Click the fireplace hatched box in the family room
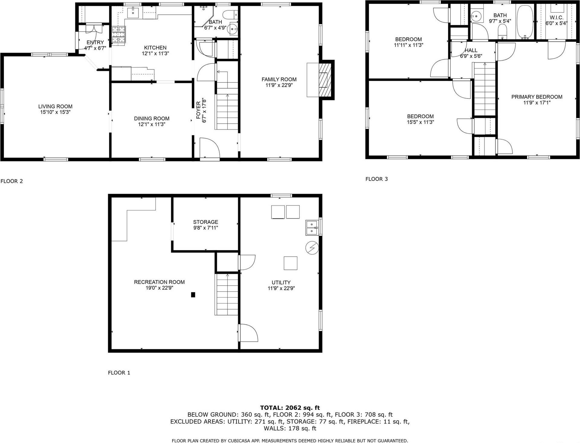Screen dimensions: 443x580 pos(325,80)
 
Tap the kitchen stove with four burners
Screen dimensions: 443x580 pos(119,36)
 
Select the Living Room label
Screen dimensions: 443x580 pos(55,106)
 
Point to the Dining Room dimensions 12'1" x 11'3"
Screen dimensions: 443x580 pos(152,124)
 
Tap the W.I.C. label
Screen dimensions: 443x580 pos(556,18)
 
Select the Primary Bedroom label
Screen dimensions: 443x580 pos(537,97)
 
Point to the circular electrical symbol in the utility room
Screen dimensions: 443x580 pos(312,248)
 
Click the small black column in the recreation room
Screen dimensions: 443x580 pos(193,295)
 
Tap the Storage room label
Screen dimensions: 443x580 pos(205,222)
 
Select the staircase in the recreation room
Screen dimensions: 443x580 pos(227,295)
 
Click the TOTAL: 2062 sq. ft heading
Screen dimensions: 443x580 pos(290,408)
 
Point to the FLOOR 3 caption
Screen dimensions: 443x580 pos(376,179)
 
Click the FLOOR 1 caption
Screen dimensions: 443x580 pos(119,373)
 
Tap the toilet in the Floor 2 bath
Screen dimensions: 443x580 pos(229,14)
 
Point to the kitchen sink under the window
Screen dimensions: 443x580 pos(133,13)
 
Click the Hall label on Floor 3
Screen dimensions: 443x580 pos(471,50)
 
